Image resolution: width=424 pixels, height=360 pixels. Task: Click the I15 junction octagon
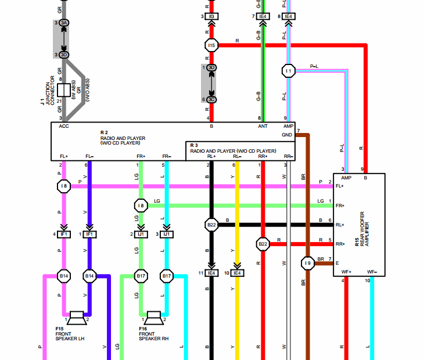coord(211,45)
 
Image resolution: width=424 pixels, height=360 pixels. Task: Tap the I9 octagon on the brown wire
coord(307,263)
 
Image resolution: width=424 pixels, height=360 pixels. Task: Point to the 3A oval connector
coord(64,23)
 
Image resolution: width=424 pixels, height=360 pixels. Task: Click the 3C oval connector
coord(212,99)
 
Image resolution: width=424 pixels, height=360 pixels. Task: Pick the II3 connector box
coord(211,16)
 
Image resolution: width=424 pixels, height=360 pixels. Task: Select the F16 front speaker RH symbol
coord(154,318)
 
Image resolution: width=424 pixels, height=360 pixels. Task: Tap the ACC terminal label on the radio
coord(64,126)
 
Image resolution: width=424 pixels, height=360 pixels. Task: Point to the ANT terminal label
coord(263,126)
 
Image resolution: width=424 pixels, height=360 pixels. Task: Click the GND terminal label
coord(287,135)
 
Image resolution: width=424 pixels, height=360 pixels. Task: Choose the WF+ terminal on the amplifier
coord(346,272)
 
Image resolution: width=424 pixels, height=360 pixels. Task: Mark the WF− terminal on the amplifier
coord(372,272)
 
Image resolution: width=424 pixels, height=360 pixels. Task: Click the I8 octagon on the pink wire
coord(64,186)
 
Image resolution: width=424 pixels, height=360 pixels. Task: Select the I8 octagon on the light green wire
coord(140,206)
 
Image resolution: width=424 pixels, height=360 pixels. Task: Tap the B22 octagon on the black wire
coord(211,225)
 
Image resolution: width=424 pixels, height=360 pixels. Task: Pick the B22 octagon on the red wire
coord(263,244)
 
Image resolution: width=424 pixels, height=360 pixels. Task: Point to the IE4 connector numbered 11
coord(211,273)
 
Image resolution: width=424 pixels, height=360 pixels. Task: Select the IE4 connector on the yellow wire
coord(237,273)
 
